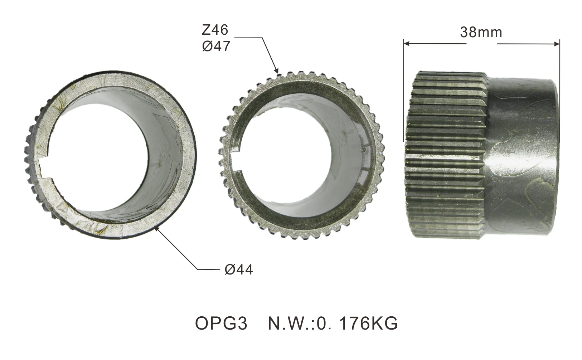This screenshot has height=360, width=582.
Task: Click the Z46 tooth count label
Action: pos(215,30)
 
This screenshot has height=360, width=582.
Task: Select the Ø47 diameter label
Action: pos(215,47)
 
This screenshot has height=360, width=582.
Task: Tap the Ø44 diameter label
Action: pos(239,269)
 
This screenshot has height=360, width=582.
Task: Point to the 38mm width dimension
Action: pos(481,33)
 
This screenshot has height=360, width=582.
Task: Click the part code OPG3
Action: pos(221,323)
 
